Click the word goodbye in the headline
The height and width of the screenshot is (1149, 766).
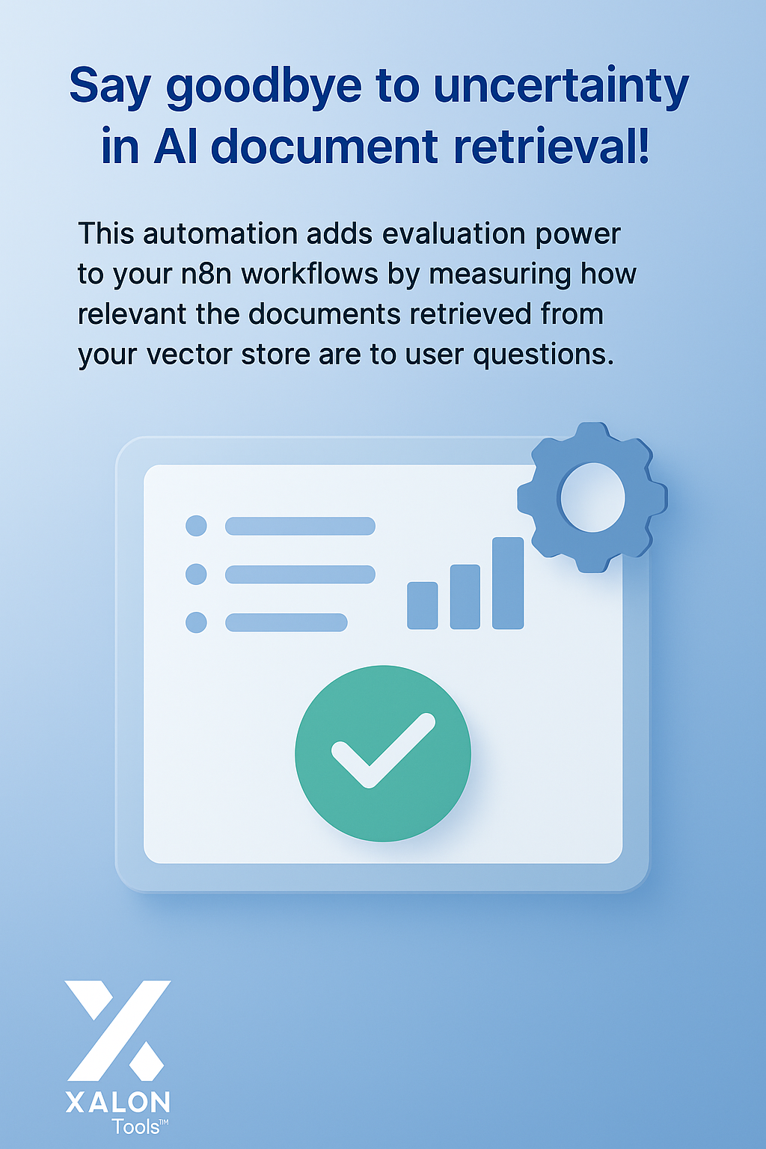[264, 88]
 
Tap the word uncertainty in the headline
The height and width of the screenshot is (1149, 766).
[561, 88]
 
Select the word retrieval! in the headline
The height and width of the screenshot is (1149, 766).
[551, 146]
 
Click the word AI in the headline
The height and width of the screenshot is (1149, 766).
[175, 146]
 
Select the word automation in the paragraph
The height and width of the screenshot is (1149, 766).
[220, 234]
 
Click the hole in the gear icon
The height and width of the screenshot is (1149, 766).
[592, 497]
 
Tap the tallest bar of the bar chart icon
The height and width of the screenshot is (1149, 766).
[508, 583]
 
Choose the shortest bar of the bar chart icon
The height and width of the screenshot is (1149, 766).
[422, 605]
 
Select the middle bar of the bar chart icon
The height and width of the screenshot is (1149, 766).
[465, 596]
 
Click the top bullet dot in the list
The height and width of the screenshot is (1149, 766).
[196, 526]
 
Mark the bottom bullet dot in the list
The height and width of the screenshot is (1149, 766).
[196, 622]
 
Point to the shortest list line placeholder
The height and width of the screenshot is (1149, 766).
[287, 622]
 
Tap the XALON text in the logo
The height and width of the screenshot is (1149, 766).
[117, 1102]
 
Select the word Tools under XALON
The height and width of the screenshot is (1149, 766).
[136, 1127]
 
